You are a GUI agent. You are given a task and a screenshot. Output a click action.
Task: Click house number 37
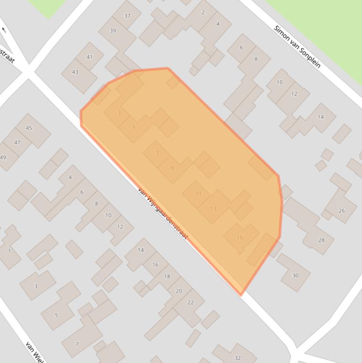click(x=127, y=16)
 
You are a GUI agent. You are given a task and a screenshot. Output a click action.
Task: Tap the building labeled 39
click(x=113, y=31)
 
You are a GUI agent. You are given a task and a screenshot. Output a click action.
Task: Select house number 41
click(x=90, y=57)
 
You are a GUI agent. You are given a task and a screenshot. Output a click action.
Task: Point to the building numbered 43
click(x=75, y=72)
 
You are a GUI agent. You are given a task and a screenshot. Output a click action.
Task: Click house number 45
click(x=29, y=128)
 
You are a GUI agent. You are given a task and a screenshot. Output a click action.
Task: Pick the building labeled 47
click(x=17, y=142)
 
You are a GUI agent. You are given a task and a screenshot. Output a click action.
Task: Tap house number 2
click(x=203, y=12)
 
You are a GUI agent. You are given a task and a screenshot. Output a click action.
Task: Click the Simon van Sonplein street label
click(x=297, y=46)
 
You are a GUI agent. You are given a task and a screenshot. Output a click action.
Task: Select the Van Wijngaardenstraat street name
click(x=162, y=213)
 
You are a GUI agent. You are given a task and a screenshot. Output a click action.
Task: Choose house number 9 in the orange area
click(x=172, y=168)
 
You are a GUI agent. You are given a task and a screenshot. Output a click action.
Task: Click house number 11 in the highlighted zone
click(x=198, y=194)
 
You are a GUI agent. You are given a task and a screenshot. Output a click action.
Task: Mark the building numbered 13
click(x=213, y=208)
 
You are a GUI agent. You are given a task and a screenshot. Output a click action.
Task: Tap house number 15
click(x=240, y=238)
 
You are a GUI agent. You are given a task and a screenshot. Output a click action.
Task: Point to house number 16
click(x=155, y=265)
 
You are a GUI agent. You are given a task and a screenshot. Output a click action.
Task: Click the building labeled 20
click(x=178, y=291)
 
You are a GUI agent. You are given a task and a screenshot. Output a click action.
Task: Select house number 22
click(x=191, y=303)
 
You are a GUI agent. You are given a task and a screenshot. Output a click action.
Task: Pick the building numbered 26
click(x=341, y=211)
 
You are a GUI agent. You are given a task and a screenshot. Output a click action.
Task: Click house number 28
click(x=322, y=240)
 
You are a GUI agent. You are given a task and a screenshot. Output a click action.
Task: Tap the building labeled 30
click(x=295, y=275)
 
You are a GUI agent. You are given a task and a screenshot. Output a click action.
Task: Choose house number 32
click(x=237, y=358)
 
